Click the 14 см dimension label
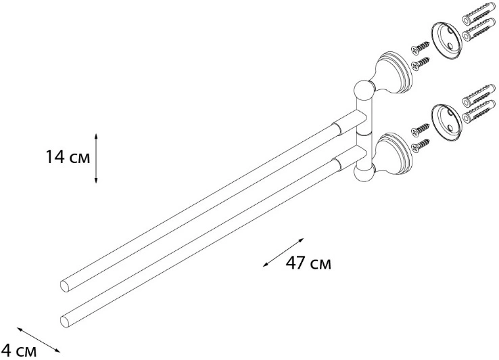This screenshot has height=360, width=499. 68,158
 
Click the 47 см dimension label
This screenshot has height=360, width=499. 308,263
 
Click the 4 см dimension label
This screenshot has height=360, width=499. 19,351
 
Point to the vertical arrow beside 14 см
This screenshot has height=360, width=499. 97,158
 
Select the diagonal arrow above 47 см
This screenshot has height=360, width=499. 283,252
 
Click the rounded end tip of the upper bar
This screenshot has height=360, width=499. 65,286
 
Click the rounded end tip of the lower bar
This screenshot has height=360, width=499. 65,321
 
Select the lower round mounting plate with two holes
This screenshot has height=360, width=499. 446,122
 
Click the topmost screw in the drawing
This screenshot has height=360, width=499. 419,47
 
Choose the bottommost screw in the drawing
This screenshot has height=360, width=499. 419,144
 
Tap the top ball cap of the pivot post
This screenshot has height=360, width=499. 363,89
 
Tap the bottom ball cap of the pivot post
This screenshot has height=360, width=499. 363,174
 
